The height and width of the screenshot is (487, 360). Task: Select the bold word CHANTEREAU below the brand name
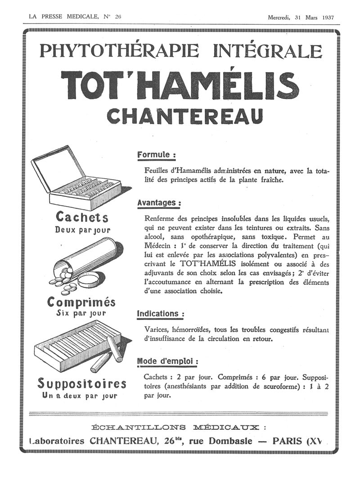tap(185, 117)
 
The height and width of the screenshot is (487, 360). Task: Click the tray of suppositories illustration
tap(81, 347)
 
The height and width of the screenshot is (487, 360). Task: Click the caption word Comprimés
tap(81, 302)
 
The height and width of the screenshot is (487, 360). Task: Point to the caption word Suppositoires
tap(82, 384)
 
